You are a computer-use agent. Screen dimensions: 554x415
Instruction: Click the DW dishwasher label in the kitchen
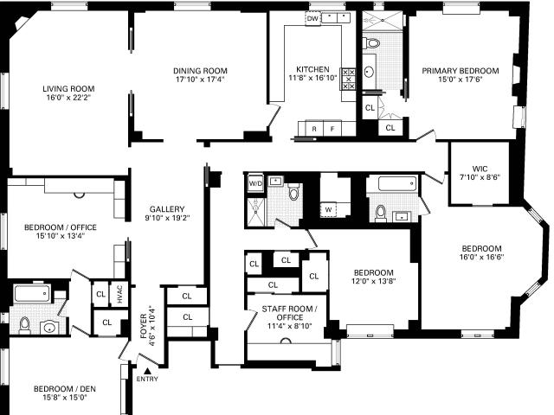(312, 18)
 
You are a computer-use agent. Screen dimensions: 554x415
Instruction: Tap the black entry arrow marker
(148, 371)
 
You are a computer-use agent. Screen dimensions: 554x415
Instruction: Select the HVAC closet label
(119, 294)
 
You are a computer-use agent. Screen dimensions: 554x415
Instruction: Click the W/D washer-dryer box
(255, 183)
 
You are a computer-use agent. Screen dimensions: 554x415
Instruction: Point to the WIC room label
(480, 169)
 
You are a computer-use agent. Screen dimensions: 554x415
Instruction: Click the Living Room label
(68, 88)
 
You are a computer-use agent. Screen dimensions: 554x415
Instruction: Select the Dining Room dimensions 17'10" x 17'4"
(200, 80)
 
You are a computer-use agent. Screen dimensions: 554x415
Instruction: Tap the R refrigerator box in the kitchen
(314, 129)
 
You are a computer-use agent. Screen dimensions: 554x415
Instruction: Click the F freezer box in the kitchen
(332, 129)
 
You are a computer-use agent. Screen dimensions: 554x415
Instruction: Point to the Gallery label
(167, 209)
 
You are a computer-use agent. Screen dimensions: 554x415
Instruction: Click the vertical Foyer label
(144, 326)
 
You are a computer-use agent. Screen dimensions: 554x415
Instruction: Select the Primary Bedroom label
(461, 71)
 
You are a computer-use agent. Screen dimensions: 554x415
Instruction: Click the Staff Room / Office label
(289, 313)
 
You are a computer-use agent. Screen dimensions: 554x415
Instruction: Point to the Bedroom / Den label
(65, 389)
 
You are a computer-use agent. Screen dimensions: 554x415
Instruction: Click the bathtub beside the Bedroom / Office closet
(32, 294)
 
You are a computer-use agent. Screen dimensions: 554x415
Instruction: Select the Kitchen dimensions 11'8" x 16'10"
(313, 78)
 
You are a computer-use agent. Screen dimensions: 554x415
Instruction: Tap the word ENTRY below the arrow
(147, 379)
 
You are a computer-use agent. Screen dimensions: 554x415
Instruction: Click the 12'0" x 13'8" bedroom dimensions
(373, 281)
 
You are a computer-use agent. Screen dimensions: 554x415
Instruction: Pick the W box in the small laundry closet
(328, 209)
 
